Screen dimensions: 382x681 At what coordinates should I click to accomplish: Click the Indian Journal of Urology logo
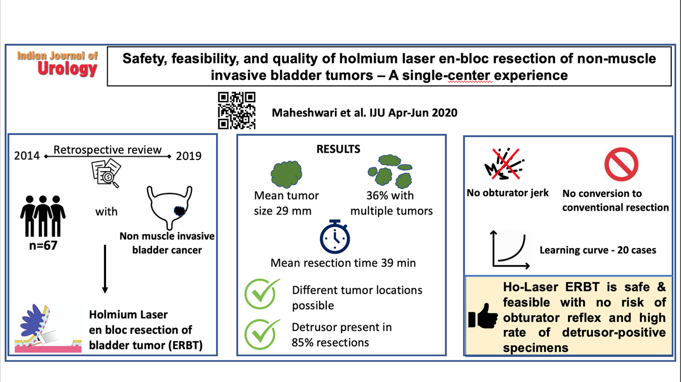click(57, 63)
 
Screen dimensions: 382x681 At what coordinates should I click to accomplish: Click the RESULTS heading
click(338, 150)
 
